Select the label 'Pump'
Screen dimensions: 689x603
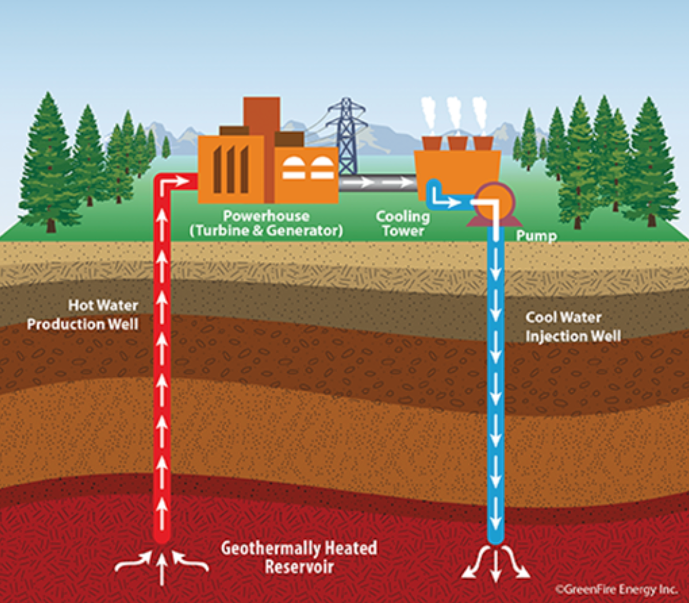[536, 236]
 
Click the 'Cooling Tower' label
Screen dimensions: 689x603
[402, 223]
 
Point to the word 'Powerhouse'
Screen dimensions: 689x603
[266, 216]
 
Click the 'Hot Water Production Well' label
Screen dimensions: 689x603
[83, 315]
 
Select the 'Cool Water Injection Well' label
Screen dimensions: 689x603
[572, 327]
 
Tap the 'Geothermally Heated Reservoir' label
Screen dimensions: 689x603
[299, 557]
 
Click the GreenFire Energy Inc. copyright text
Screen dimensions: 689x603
[616, 589]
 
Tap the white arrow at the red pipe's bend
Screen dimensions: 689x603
[174, 182]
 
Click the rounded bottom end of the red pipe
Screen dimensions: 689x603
[162, 538]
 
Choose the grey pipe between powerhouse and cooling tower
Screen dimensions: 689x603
[377, 182]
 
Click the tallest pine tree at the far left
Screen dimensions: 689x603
[49, 162]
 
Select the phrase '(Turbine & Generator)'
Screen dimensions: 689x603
[266, 231]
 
